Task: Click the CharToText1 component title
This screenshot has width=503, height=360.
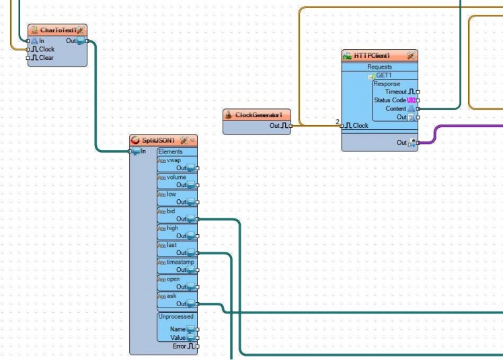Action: tap(57, 30)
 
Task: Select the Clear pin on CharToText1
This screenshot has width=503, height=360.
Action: tap(28, 58)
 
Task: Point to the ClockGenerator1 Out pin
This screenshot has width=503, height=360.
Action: tap(291, 126)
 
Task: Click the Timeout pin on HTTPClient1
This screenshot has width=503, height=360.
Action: tap(418, 92)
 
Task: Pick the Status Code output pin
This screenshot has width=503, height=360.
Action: tap(418, 100)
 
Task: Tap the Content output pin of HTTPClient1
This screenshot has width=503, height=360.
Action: tap(418, 109)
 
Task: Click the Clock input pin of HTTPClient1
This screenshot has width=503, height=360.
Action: tap(342, 126)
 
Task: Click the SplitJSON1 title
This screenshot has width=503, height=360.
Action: tap(159, 140)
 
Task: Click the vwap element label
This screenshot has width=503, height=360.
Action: tap(173, 160)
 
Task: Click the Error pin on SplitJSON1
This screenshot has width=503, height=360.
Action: tap(197, 347)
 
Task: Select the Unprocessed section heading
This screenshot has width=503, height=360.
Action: tap(176, 316)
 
